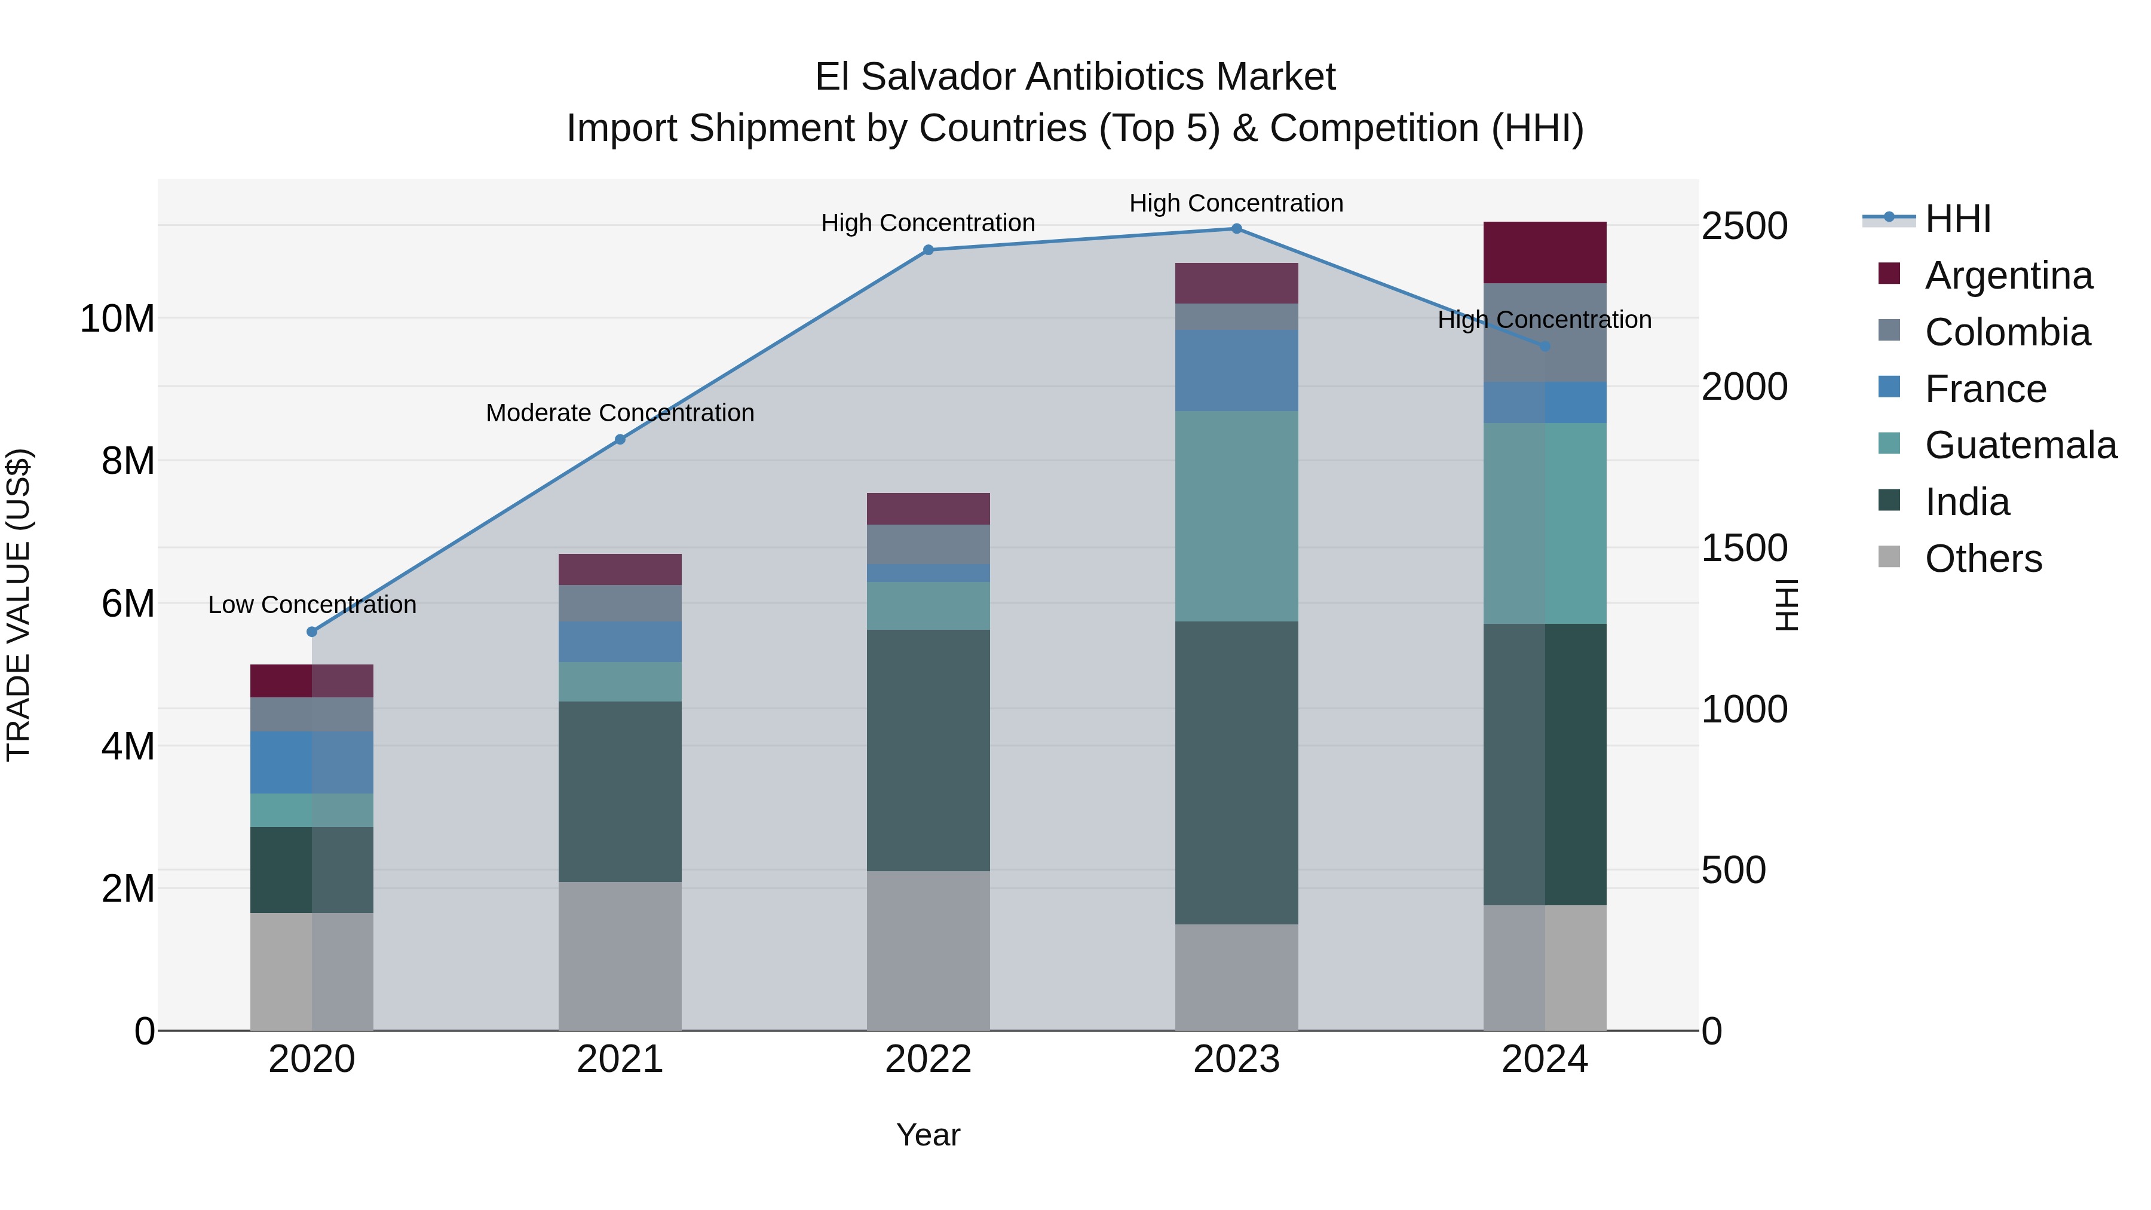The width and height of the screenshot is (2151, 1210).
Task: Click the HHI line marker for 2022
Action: [x=928, y=250]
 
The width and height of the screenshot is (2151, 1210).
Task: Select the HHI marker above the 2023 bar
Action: [x=1237, y=229]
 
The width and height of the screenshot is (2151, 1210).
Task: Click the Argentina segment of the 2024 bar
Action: [x=1544, y=252]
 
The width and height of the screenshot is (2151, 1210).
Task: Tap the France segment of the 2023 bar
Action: [x=1237, y=370]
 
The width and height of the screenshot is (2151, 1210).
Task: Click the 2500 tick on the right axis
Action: [x=1744, y=226]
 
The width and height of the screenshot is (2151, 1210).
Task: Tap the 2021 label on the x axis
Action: [x=620, y=1059]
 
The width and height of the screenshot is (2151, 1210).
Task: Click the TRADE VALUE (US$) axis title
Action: [x=19, y=605]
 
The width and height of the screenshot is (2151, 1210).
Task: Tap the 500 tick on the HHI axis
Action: [x=1733, y=870]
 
